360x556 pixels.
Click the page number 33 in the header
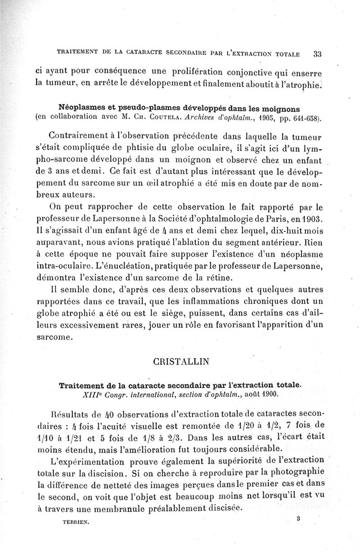click(x=317, y=54)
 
